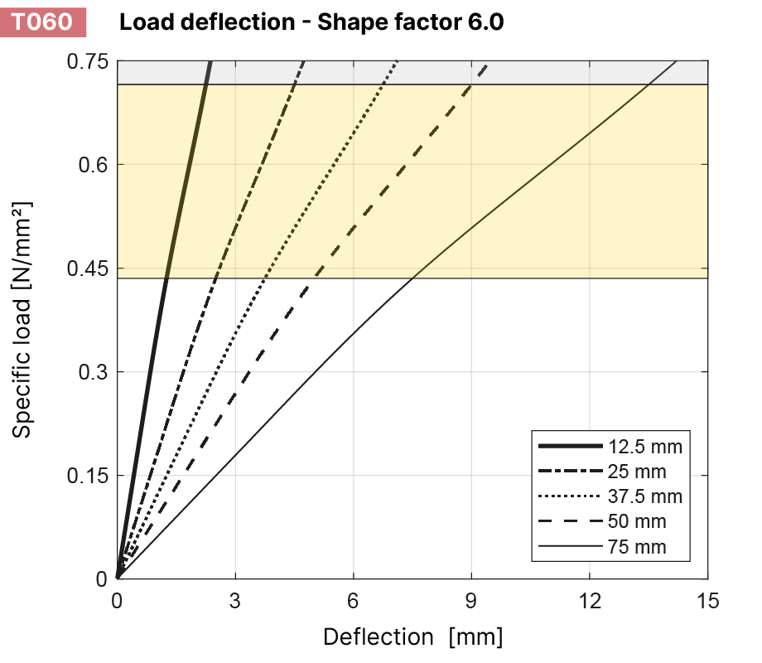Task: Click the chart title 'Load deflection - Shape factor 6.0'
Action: tap(311, 22)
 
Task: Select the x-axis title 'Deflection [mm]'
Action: tap(412, 636)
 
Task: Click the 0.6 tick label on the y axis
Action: tap(91, 165)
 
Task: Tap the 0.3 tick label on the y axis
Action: tap(91, 372)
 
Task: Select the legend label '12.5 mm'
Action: tap(645, 447)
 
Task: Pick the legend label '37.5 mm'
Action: tap(645, 497)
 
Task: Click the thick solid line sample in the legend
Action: tap(571, 447)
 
